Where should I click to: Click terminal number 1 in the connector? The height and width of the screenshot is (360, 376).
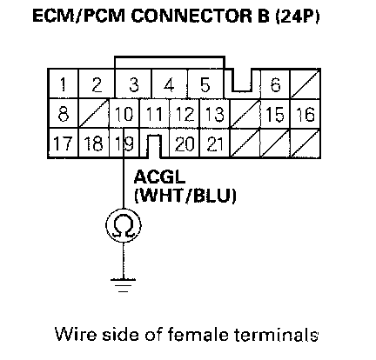(63, 84)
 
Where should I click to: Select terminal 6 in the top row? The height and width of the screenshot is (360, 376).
(275, 84)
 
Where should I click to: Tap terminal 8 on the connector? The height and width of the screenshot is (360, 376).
(64, 114)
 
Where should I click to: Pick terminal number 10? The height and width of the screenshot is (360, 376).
(124, 114)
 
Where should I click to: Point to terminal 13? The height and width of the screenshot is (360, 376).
(214, 114)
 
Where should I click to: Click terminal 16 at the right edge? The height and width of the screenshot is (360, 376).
(305, 114)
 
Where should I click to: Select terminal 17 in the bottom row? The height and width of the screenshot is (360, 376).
(63, 143)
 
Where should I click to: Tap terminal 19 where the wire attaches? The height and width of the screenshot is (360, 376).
(124, 143)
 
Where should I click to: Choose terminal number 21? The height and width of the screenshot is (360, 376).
(214, 143)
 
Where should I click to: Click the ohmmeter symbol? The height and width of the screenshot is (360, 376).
(124, 225)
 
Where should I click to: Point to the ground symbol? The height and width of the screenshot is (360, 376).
(124, 285)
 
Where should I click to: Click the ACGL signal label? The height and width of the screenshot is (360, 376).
(159, 177)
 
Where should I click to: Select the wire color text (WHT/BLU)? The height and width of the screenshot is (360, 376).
(185, 197)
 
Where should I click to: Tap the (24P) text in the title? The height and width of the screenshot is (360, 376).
(297, 17)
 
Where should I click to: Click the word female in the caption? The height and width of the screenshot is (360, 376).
(198, 334)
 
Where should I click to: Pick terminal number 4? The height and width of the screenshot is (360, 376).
(169, 84)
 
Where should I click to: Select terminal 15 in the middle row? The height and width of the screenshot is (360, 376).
(275, 114)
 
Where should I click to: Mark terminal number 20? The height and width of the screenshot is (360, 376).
(185, 143)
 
